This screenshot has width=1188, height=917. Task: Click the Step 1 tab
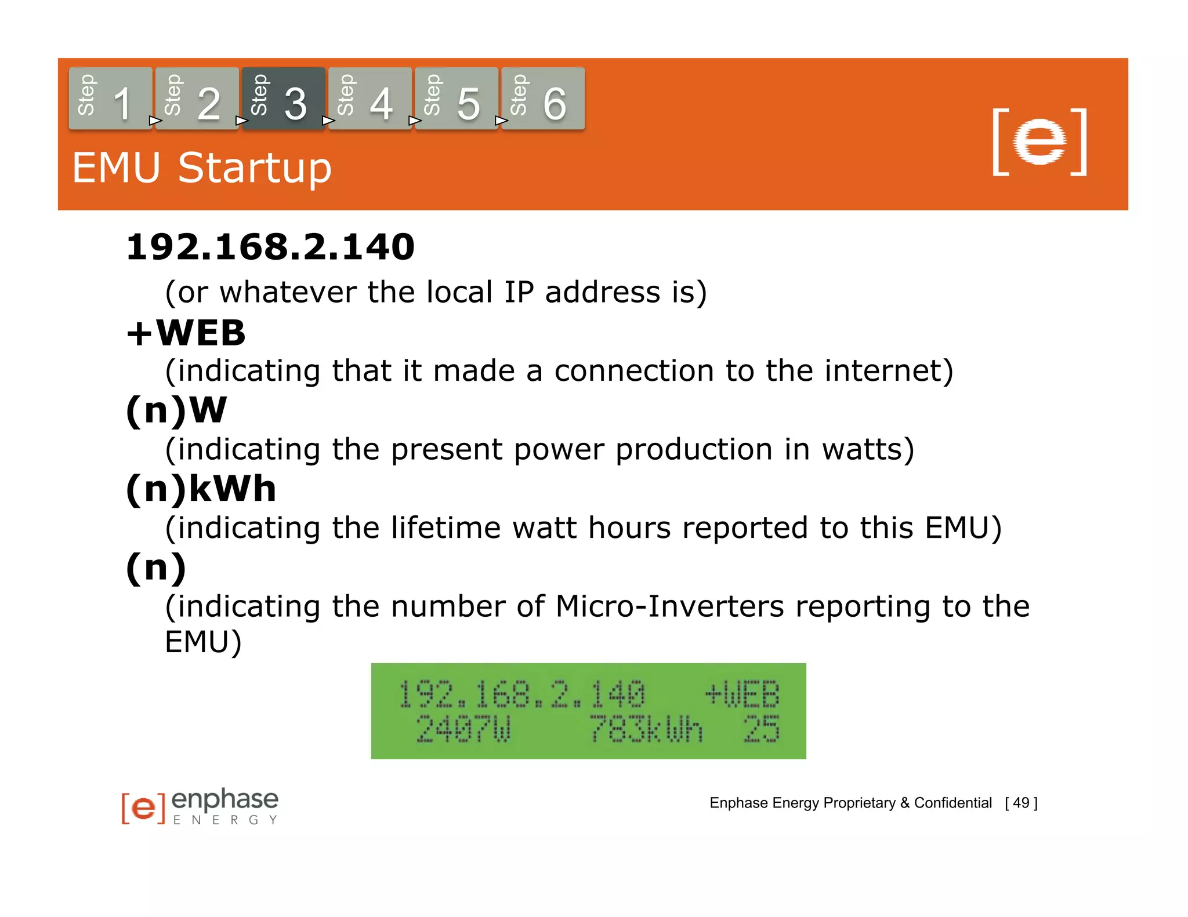(x=110, y=99)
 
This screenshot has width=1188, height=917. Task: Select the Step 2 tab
(x=197, y=99)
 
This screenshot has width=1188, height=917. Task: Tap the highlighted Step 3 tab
(x=283, y=99)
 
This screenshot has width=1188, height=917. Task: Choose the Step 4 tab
(x=370, y=99)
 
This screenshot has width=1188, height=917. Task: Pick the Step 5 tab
(x=456, y=99)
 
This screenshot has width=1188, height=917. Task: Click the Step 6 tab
(x=542, y=99)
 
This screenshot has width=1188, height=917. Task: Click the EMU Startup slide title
(x=201, y=168)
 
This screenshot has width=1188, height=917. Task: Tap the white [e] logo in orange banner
(x=1039, y=142)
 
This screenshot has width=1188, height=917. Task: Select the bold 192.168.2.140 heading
(x=270, y=247)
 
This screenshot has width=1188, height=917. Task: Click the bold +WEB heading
(x=186, y=333)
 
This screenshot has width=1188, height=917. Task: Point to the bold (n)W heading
(x=176, y=410)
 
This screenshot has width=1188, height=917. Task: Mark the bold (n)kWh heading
(x=201, y=489)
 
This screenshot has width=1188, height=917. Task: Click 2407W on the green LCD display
(x=463, y=729)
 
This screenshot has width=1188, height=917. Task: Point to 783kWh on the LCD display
(x=646, y=729)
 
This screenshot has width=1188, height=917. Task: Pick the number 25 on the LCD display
(x=762, y=729)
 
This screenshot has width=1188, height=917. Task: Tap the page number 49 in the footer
(x=1021, y=803)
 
